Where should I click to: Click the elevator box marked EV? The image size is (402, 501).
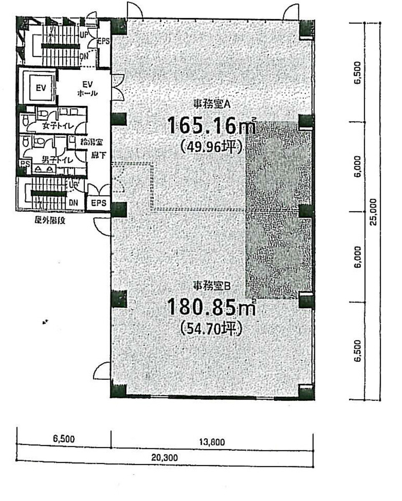coord(41,88)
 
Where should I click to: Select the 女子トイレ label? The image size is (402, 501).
coord(56,126)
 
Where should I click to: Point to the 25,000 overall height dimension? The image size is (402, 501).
coord(374,211)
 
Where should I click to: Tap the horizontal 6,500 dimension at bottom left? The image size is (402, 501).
coord(64,439)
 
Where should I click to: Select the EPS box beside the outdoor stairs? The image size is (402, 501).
coord(99,203)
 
